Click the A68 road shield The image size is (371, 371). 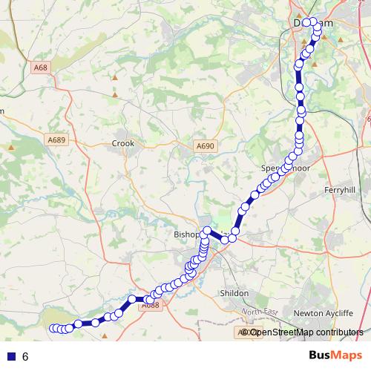41,68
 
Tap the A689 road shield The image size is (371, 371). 56,139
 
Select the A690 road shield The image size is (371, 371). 206,146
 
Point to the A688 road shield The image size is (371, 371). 151,304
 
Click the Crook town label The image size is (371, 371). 122,144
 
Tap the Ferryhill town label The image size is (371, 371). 341,190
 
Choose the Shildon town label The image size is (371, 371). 234,294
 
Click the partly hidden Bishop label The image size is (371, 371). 186,234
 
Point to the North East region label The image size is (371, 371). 259,312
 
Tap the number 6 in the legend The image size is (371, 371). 25,356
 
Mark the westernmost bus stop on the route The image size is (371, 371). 53,329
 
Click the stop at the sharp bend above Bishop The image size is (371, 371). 207,230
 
